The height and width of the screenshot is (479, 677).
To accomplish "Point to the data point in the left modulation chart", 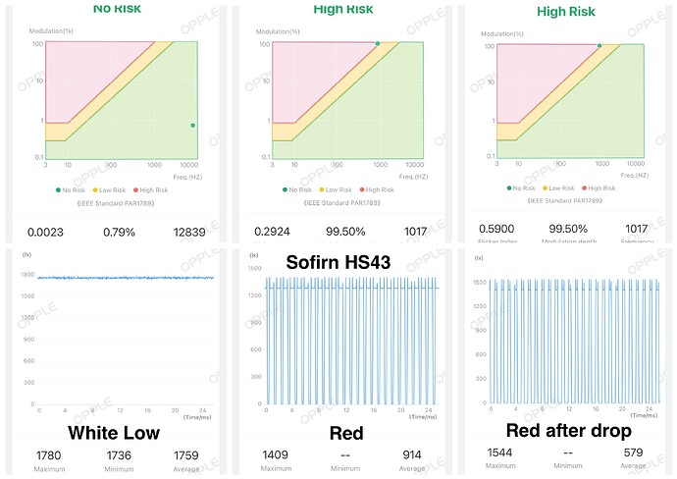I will [192, 126].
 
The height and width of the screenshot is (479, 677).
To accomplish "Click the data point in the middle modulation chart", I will [378, 44].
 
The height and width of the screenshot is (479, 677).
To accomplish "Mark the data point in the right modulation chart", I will [599, 46].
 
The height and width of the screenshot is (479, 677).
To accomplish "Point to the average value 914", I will [412, 455].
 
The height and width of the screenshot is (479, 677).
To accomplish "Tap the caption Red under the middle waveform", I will [344, 433].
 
